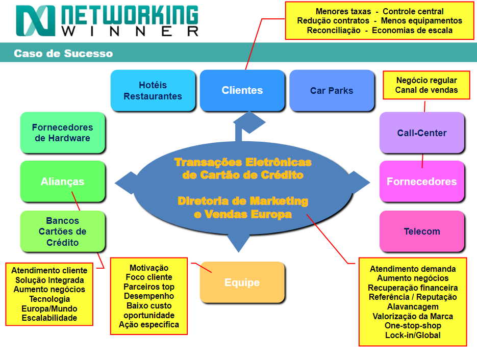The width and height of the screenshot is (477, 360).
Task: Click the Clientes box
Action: pyautogui.click(x=242, y=90)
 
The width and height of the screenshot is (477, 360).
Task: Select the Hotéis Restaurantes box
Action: pyautogui.click(x=153, y=90)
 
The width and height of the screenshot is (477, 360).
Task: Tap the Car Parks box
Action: pyautogui.click(x=332, y=91)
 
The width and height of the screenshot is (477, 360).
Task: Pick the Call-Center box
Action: pyautogui.click(x=422, y=133)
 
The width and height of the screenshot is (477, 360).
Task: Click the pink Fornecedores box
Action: pyautogui.click(x=422, y=182)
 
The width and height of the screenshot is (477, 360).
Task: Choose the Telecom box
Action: pyautogui.click(x=422, y=232)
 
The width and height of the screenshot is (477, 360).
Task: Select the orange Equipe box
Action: pyautogui.click(x=242, y=282)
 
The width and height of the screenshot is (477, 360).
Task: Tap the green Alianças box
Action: pyautogui.click(x=63, y=182)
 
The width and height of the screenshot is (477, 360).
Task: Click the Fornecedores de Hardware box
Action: pyautogui.click(x=63, y=133)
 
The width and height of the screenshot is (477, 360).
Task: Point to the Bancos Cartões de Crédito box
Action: pyautogui.click(x=63, y=232)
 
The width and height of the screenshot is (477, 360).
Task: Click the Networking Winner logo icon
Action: pyautogui.click(x=35, y=21)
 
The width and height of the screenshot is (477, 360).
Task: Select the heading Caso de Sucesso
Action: pyautogui.click(x=63, y=54)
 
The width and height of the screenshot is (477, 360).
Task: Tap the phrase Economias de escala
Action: pyautogui.click(x=412, y=31)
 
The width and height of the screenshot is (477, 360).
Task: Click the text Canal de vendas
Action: pyautogui.click(x=426, y=90)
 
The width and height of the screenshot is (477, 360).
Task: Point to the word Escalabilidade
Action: pyautogui.click(x=49, y=318)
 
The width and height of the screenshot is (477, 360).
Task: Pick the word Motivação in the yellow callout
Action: pyautogui.click(x=149, y=268)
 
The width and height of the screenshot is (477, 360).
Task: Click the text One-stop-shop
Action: pyautogui.click(x=413, y=325)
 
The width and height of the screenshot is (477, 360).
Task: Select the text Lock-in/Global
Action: pyautogui.click(x=413, y=335)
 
